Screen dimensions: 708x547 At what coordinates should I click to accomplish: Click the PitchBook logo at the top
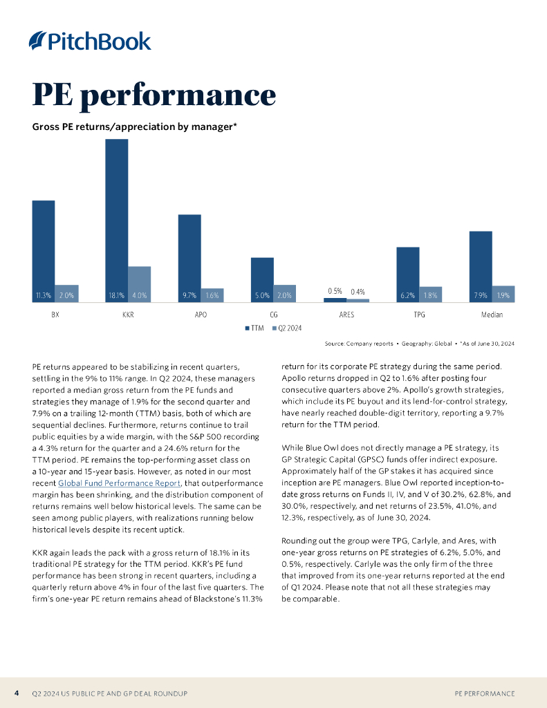pyautogui.click(x=90, y=41)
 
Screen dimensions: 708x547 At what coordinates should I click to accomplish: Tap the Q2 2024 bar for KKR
pyautogui.click(x=139, y=283)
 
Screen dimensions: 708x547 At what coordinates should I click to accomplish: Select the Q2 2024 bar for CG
pyautogui.click(x=284, y=293)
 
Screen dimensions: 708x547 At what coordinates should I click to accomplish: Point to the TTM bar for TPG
pyautogui.click(x=407, y=274)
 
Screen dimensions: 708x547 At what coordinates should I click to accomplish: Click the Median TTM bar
pyautogui.click(x=481, y=265)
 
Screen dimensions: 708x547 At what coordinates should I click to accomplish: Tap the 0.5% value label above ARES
pyautogui.click(x=335, y=291)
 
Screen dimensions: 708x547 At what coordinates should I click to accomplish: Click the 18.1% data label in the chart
pyautogui.click(x=115, y=296)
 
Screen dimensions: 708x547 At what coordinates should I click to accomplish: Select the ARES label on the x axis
pyautogui.click(x=346, y=315)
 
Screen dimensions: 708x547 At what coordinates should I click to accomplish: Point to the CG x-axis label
pyautogui.click(x=274, y=315)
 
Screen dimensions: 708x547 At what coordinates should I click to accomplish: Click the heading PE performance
pyautogui.click(x=154, y=95)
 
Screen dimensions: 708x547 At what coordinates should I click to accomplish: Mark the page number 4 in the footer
pyautogui.click(x=17, y=693)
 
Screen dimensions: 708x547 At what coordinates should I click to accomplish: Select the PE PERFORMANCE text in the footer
pyautogui.click(x=484, y=693)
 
